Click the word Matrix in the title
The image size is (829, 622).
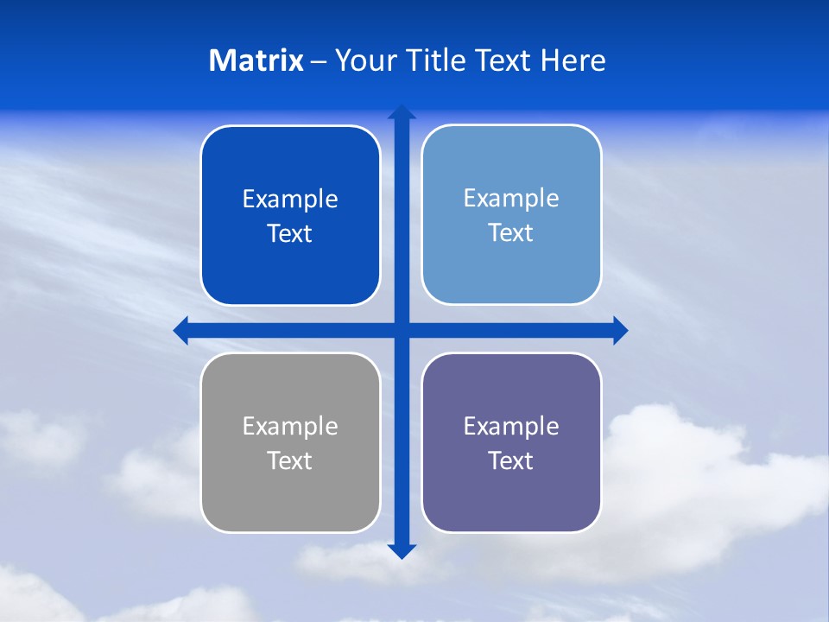(x=256, y=60)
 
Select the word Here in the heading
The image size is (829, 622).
(x=573, y=60)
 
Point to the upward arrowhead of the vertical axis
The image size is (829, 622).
(x=402, y=111)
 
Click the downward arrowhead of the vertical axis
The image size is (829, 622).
(x=402, y=550)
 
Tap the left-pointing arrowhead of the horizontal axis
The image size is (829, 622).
(x=181, y=330)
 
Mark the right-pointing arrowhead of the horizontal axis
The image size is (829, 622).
(x=620, y=330)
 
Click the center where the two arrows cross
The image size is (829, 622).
(x=402, y=330)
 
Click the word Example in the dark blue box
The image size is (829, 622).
(x=290, y=200)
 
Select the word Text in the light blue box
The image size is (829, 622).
(x=511, y=233)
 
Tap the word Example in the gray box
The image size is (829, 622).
(x=290, y=427)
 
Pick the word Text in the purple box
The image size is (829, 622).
(x=511, y=461)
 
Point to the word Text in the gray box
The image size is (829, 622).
(x=290, y=461)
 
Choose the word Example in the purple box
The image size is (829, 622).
(x=511, y=427)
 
